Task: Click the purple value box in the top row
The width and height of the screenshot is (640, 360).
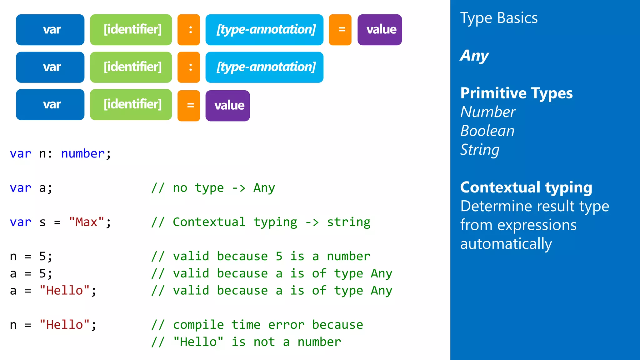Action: pos(379,30)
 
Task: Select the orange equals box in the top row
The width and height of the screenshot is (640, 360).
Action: pos(340,30)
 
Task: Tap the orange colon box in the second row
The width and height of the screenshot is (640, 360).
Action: pos(188,67)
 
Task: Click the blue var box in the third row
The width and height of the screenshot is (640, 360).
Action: pos(50,105)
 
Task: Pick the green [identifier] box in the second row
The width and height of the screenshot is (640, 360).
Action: pos(131,67)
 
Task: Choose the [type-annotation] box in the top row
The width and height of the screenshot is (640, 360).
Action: pos(264,30)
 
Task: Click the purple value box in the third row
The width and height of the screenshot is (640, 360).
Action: pos(227,106)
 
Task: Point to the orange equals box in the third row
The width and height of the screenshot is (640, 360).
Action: pos(188,106)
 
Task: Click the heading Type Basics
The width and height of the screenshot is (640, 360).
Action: pos(499,18)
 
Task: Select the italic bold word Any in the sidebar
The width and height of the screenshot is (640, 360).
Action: pos(474,56)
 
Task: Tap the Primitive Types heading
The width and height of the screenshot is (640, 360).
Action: pos(516,93)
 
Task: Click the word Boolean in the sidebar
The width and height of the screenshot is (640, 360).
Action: pos(487,131)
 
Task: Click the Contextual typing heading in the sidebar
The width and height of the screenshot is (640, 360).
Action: pos(526,187)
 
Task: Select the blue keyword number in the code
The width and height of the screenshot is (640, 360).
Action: pos(82,153)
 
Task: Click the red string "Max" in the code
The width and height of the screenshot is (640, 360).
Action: pos(86,222)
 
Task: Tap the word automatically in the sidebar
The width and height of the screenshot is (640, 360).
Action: pos(506,244)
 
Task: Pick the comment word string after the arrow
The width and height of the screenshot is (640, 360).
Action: pos(348,222)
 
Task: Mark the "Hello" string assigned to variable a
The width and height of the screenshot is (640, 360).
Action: pos(64,290)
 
